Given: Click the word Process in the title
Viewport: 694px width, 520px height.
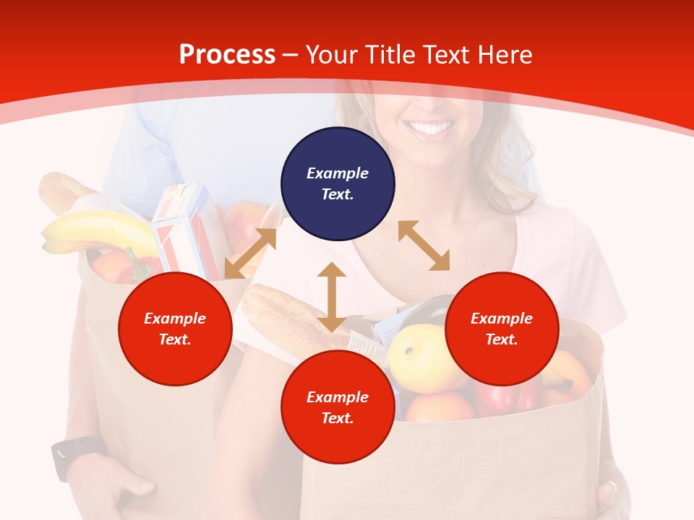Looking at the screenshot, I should click(x=227, y=55).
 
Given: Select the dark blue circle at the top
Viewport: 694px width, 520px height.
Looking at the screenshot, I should click(x=338, y=183).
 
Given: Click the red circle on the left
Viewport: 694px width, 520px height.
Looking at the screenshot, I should click(x=175, y=329).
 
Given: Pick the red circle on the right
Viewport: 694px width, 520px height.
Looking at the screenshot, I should click(x=502, y=329).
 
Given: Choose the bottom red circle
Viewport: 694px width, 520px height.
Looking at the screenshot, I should click(x=338, y=407).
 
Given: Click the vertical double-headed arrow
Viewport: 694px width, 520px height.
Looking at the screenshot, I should click(x=332, y=297).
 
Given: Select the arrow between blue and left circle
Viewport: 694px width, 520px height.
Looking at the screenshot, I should click(x=250, y=253).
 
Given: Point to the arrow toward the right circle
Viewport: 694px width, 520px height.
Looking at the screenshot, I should click(x=424, y=246).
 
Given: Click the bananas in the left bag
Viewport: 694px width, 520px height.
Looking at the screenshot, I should click(x=98, y=230).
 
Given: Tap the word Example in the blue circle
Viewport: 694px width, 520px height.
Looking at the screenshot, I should click(x=338, y=173).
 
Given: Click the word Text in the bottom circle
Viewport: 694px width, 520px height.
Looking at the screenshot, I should click(x=336, y=418).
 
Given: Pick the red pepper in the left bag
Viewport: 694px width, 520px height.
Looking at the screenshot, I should click(x=137, y=267).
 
